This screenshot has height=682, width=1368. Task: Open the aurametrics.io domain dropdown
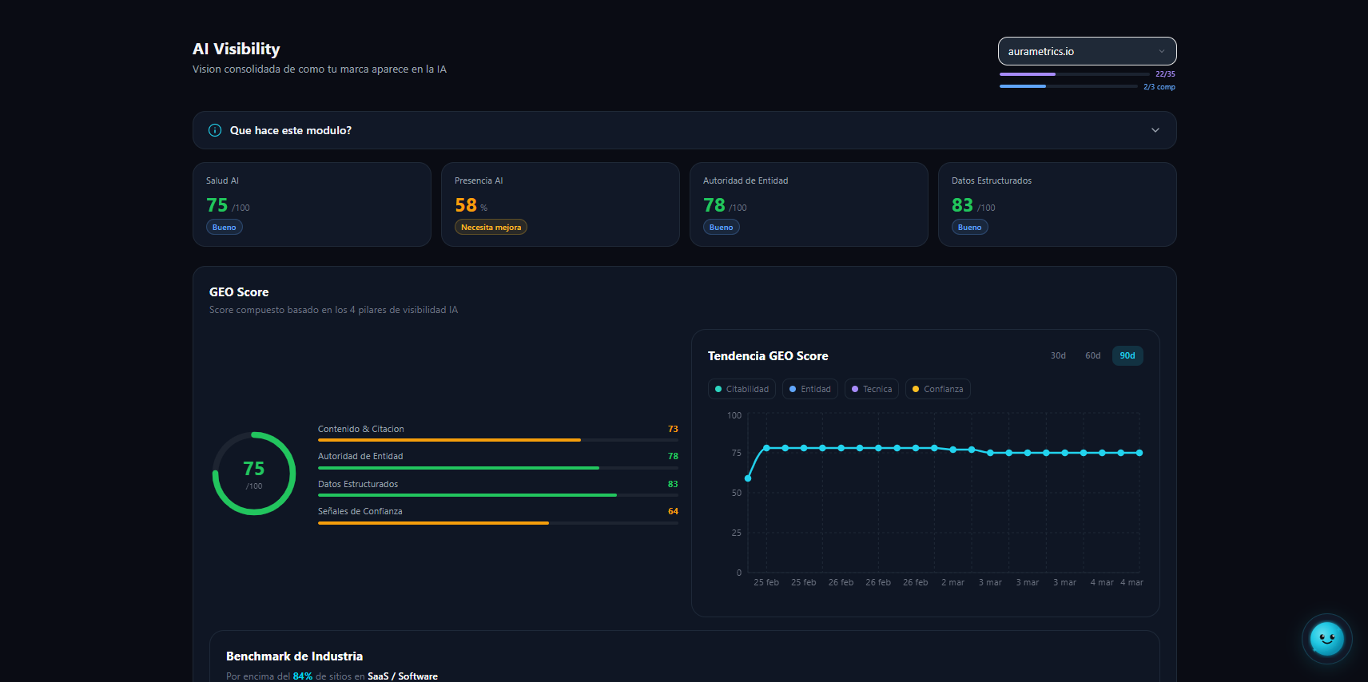coord(1087,51)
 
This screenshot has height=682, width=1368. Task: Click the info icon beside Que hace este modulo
coord(215,130)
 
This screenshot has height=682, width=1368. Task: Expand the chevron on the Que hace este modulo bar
coord(1155,130)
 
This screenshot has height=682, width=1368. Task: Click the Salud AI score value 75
coord(217,205)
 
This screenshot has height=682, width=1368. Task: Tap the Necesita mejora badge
coord(491,228)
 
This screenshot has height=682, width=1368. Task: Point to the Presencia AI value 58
coord(466,205)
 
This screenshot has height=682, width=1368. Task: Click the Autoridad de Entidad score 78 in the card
coord(714,205)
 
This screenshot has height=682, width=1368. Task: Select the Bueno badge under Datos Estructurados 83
coord(970,228)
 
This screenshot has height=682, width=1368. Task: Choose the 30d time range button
coord(1058,356)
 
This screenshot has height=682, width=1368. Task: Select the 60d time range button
coord(1092,356)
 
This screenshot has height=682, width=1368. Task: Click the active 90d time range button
coord(1127,356)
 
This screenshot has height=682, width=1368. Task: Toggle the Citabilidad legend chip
coord(742,389)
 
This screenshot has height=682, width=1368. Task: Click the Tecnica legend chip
coord(872,389)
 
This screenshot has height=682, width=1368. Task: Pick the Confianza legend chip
coord(938,389)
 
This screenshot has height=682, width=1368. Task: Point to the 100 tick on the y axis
coord(734,415)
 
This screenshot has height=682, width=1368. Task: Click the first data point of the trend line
coord(748,478)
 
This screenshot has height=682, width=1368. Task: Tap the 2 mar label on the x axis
coord(952,583)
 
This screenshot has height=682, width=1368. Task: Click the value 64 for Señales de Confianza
coord(673,512)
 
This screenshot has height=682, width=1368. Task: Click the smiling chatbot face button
coord(1326,639)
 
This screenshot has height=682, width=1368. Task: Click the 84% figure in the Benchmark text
coord(303,676)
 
